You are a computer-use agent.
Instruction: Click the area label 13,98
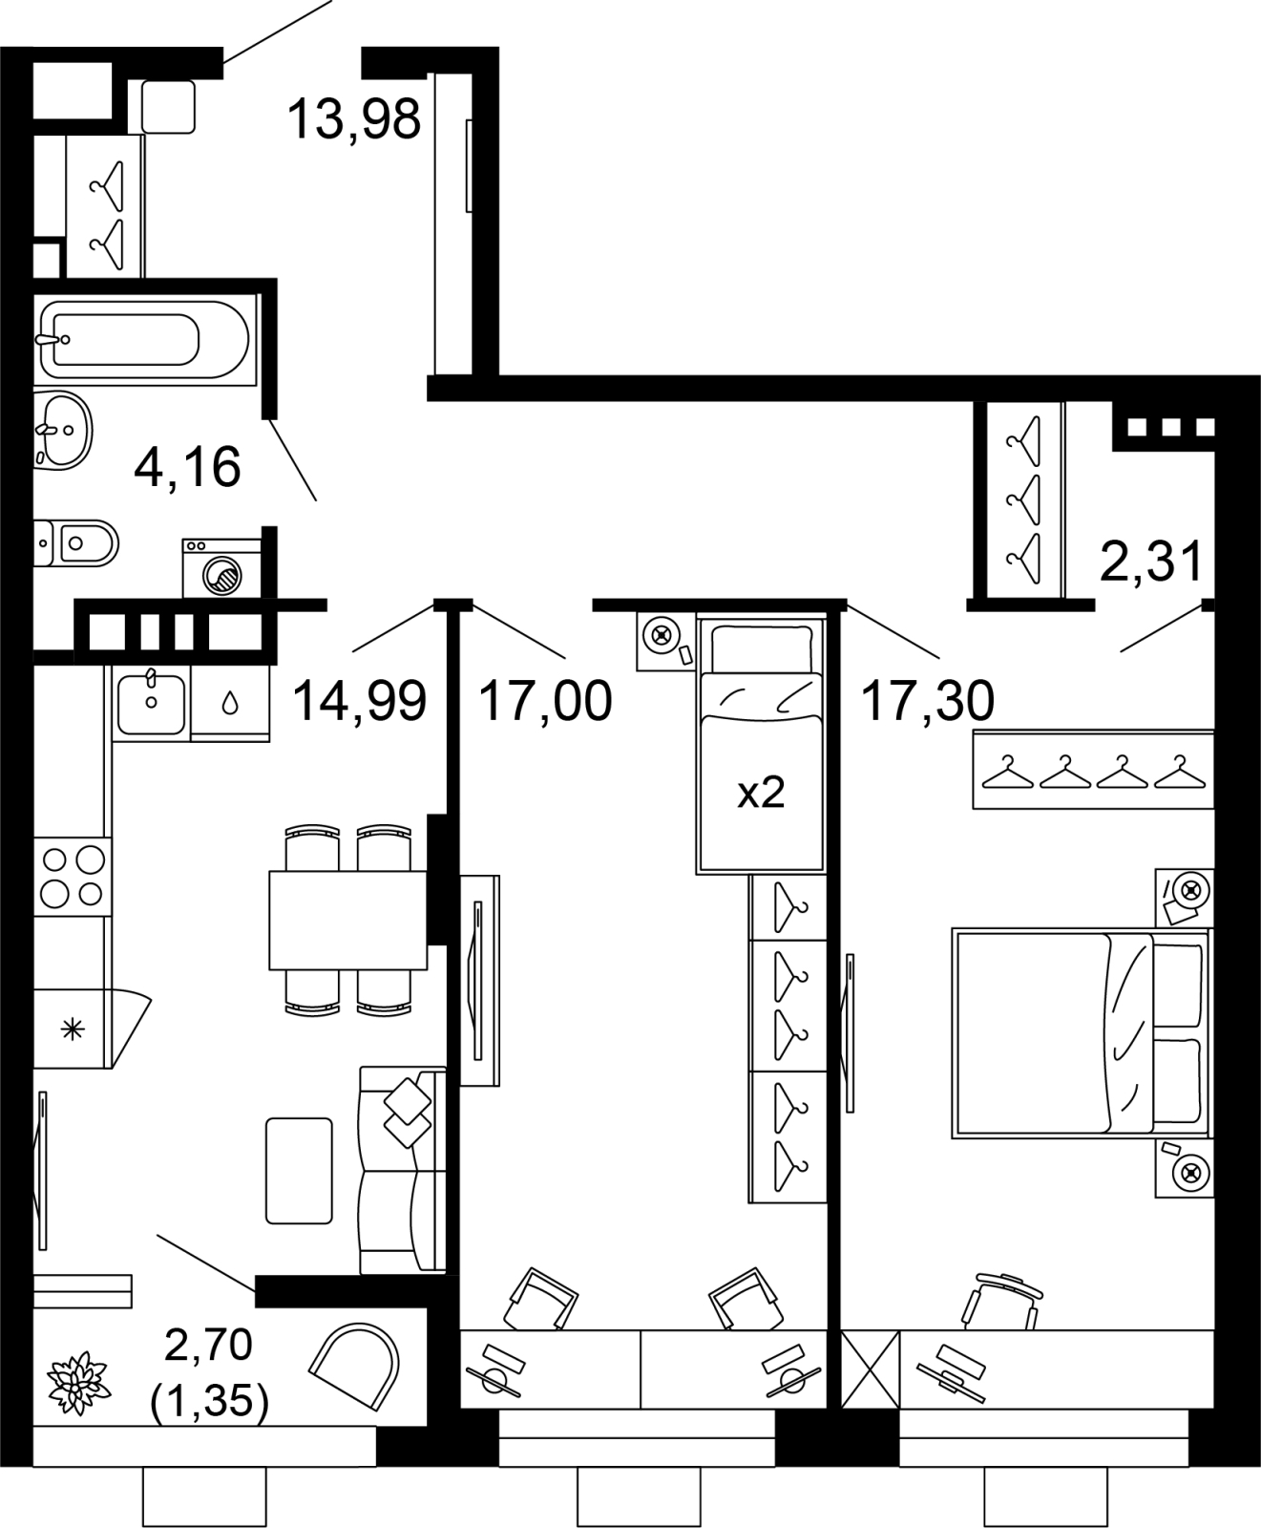pyautogui.click(x=353, y=119)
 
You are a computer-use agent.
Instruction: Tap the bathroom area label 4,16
pyautogui.click(x=188, y=467)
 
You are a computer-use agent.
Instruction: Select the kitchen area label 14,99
pyautogui.click(x=359, y=701)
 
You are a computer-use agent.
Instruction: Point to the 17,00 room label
pyautogui.click(x=545, y=701)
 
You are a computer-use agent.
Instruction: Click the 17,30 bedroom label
pyautogui.click(x=928, y=701)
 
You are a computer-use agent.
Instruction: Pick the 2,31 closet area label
pyautogui.click(x=1151, y=562)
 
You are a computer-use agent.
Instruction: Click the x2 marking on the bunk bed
pyautogui.click(x=761, y=793)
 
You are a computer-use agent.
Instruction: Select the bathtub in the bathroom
pyautogui.click(x=146, y=339)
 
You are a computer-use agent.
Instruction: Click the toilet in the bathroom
pyautogui.click(x=76, y=543)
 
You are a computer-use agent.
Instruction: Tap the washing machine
pyautogui.click(x=222, y=569)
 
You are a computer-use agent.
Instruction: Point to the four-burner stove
pyautogui.click(x=73, y=877)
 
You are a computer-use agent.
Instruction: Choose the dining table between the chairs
pyautogui.click(x=347, y=920)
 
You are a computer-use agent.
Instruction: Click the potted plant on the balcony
pyautogui.click(x=80, y=1379)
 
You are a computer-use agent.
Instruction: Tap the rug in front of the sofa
pyautogui.click(x=299, y=1170)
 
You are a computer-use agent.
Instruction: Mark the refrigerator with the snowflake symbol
pyautogui.click(x=93, y=1029)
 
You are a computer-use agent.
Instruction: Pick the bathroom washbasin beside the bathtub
pyautogui.click(x=63, y=431)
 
